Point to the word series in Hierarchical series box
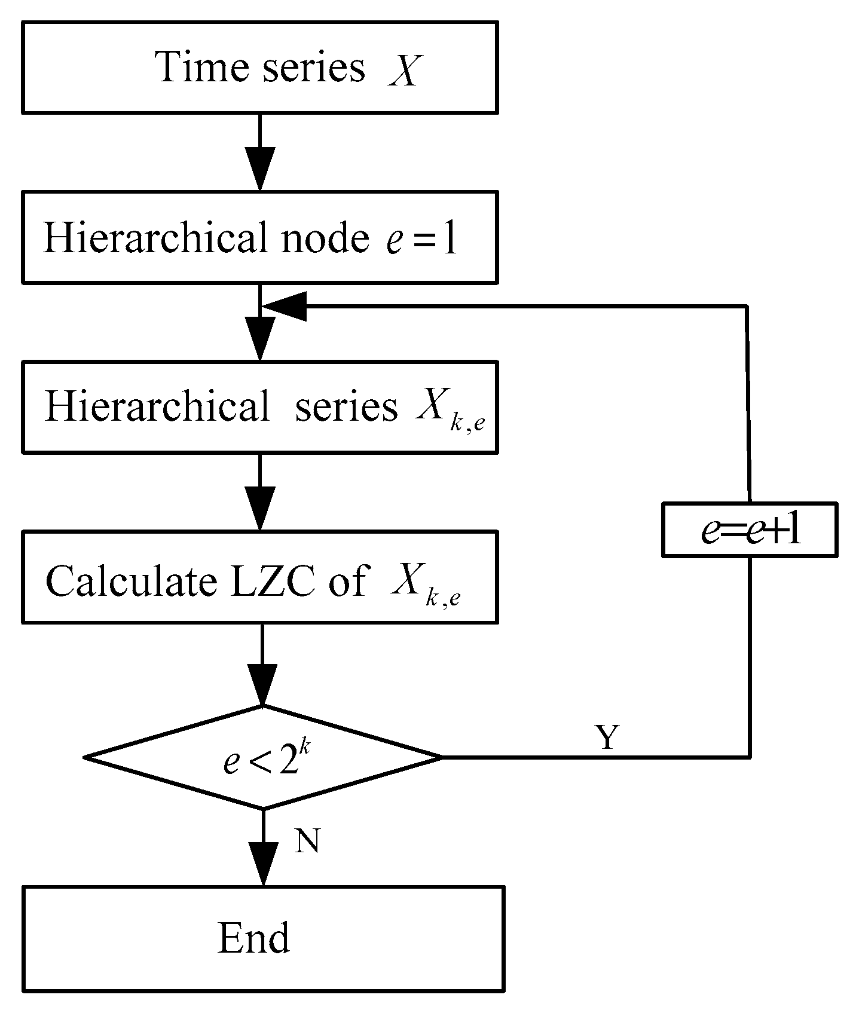point(346,407)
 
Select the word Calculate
point(131,580)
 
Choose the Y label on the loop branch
point(607,737)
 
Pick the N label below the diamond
point(307,841)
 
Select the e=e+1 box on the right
point(750,530)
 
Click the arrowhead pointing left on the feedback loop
point(285,306)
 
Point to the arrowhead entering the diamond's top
point(263,684)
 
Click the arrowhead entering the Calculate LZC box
point(260,508)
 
